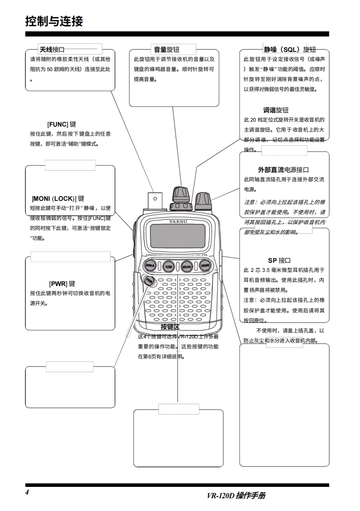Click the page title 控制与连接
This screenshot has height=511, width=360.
coord(54,21)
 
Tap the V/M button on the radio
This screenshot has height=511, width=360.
coord(168,266)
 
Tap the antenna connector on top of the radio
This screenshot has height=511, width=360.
coord(155,199)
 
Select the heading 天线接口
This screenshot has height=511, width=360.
coord(52,49)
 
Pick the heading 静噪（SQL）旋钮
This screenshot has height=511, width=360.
coord(289,50)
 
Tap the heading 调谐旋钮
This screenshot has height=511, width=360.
coord(276,110)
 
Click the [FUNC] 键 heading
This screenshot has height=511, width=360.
coord(61,124)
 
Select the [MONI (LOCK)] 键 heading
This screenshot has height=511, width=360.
coord(58,199)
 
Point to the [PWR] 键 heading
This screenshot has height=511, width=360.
coord(62,284)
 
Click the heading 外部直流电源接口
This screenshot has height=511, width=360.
coord(284,170)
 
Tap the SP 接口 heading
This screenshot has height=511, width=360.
coord(279,261)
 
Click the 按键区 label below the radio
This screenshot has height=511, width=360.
coord(170,327)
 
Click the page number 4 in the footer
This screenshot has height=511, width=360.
coord(27,492)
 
